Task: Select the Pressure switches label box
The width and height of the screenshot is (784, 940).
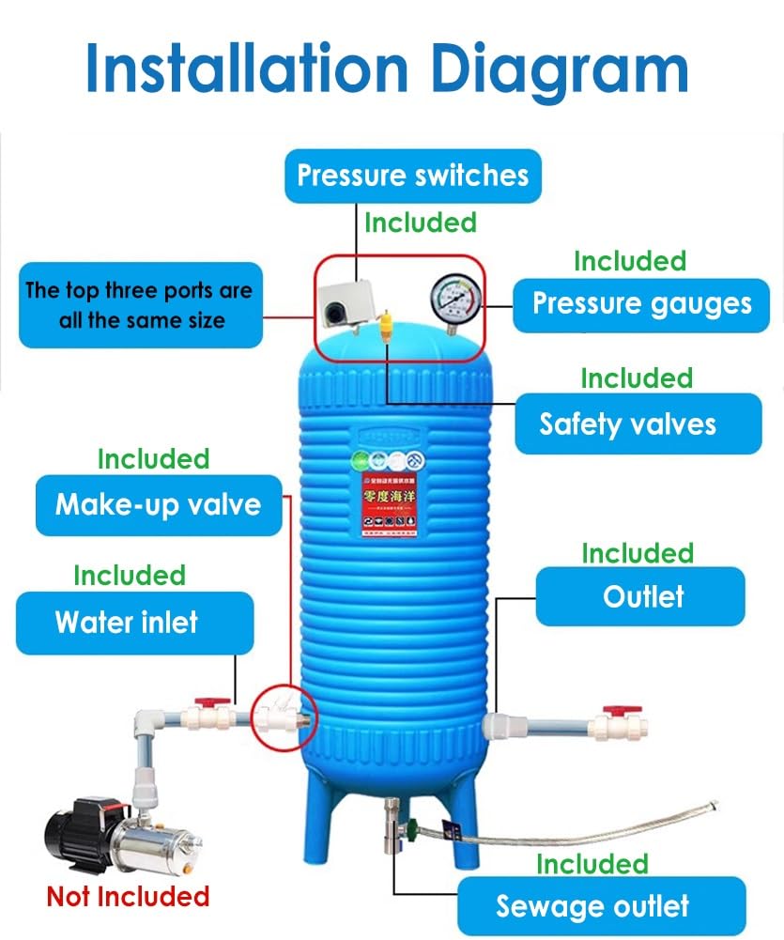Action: pyautogui.click(x=413, y=176)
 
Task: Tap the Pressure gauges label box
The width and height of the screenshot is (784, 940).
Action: pyautogui.click(x=641, y=304)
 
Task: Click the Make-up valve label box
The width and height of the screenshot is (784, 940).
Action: pyautogui.click(x=159, y=504)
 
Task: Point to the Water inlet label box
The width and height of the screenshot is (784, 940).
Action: pyautogui.click(x=134, y=622)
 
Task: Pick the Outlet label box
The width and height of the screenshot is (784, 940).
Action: pyautogui.click(x=640, y=596)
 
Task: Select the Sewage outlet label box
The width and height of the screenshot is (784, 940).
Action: pyautogui.click(x=592, y=906)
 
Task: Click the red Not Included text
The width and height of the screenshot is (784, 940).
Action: pyautogui.click(x=128, y=897)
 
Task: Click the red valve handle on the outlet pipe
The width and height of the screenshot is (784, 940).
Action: pyautogui.click(x=615, y=712)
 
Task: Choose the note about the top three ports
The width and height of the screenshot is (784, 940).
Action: pyautogui.click(x=139, y=305)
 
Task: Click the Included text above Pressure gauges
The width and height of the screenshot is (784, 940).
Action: pyautogui.click(x=629, y=260)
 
